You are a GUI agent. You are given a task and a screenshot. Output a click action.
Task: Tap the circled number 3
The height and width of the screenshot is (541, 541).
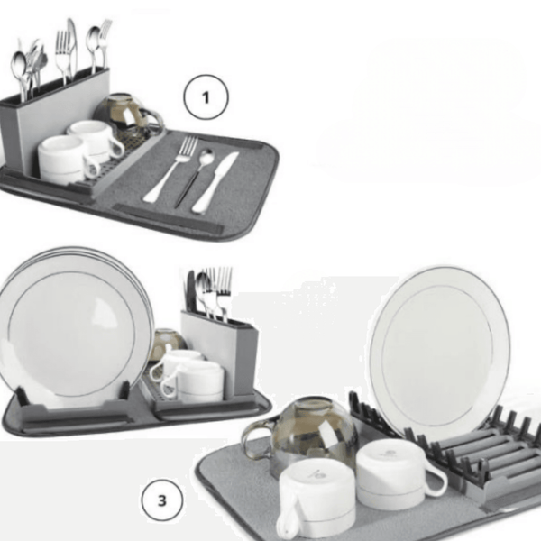162,498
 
